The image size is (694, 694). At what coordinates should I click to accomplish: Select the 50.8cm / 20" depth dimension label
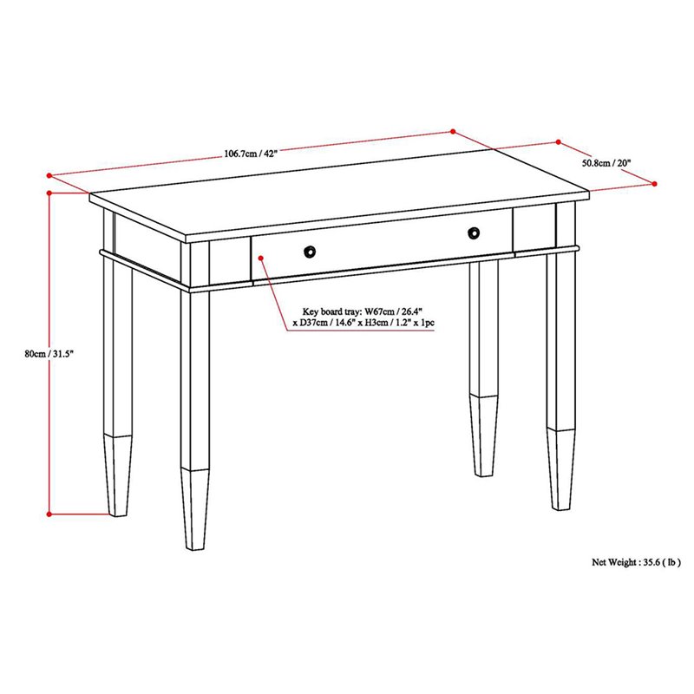(607, 162)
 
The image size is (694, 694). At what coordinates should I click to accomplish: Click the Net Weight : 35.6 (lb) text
(637, 561)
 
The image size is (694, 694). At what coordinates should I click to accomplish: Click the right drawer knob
(474, 232)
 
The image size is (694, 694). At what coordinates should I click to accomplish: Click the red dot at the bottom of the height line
(50, 514)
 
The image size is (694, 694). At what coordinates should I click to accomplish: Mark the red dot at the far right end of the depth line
(654, 183)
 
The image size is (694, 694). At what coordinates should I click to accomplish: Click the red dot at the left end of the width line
(49, 172)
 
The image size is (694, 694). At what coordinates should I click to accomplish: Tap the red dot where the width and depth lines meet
(452, 132)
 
